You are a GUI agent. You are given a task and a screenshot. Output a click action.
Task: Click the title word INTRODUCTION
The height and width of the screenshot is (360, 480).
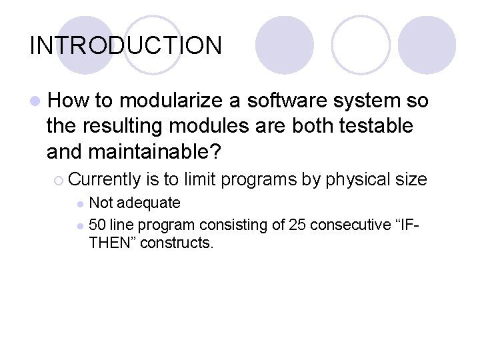pos(126,45)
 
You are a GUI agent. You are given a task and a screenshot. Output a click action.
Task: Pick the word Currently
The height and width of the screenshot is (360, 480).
pos(105,179)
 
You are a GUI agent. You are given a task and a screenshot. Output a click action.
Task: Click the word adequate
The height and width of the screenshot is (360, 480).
pos(149,203)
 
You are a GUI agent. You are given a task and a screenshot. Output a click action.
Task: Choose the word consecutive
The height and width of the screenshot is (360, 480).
pos(352,225)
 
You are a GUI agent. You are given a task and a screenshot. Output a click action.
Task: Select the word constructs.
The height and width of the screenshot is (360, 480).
pos(175,243)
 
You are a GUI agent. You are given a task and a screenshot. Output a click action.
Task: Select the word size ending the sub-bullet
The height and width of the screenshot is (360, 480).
pos(412,179)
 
